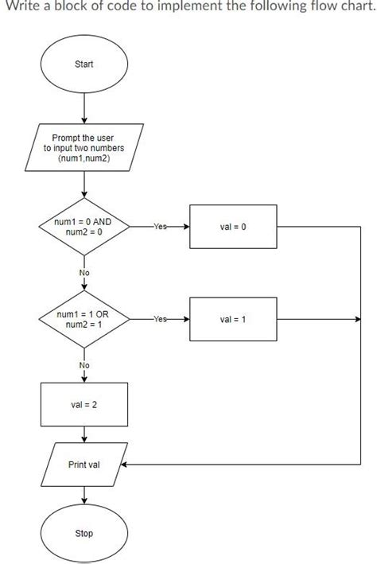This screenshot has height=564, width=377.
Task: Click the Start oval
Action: pos(84,64)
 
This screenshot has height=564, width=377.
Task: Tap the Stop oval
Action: pos(84,533)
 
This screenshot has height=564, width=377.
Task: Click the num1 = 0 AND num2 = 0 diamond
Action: pos(84,228)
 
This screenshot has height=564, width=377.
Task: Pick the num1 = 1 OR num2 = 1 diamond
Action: pos(84,320)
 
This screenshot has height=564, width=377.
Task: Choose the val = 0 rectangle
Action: pos(233,228)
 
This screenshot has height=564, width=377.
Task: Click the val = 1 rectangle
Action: pos(233,320)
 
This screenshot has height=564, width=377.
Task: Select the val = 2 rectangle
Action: pos(84,405)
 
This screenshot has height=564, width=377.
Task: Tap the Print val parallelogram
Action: pos(84,465)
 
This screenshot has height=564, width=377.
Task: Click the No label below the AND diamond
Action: pos(84,273)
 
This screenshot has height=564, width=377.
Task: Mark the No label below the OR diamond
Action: pos(84,365)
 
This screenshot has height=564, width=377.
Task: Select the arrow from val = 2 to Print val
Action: pos(84,434)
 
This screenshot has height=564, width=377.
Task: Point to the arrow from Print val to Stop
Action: pos(84,496)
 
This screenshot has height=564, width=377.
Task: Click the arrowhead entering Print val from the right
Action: pos(123,465)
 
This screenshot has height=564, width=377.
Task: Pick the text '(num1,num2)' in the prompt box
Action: pos(84,158)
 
